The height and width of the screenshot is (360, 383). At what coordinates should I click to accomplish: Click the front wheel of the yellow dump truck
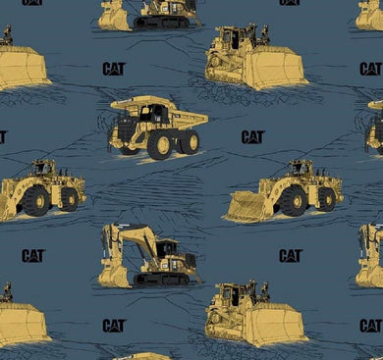point(159,145)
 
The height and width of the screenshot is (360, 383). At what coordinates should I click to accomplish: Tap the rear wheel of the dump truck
point(190,141)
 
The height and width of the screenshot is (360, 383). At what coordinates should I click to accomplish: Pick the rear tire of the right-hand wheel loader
point(326,199)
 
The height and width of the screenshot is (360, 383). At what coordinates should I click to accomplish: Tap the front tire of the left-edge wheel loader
point(35,201)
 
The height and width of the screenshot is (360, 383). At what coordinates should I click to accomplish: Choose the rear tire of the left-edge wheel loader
point(69,199)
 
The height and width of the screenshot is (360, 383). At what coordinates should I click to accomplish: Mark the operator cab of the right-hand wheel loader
point(301,168)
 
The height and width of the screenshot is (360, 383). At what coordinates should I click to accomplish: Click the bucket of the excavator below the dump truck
point(110,276)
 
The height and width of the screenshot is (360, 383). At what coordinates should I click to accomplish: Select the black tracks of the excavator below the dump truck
point(162,279)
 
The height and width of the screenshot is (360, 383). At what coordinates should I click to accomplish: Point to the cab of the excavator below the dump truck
point(166,248)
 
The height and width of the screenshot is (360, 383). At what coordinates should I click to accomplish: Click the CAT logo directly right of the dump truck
point(253,137)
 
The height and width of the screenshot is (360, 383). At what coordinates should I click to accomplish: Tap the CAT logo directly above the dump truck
point(114,69)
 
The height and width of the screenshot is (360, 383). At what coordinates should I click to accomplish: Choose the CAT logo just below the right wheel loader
point(291,255)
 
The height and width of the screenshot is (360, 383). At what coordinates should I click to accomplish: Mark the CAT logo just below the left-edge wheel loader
point(33,255)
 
